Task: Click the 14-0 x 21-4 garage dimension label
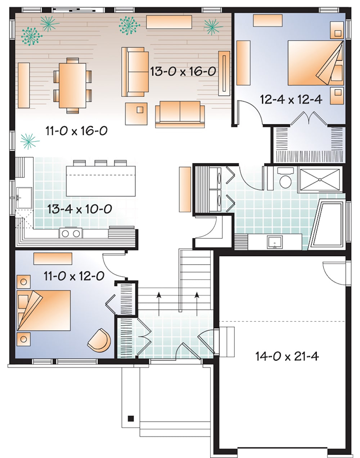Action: [x=287, y=357]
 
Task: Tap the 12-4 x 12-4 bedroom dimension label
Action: [x=291, y=99]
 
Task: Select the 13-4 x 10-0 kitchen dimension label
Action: [x=80, y=209]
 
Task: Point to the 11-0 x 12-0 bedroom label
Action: [x=74, y=276]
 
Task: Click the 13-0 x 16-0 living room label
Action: [x=183, y=71]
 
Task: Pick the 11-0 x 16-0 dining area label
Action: [x=76, y=130]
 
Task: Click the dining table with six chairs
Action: [x=72, y=85]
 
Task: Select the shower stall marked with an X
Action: [x=320, y=179]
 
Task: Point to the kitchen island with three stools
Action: [x=101, y=181]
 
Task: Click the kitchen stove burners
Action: [x=71, y=234]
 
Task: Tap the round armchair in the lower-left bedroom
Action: [x=99, y=341]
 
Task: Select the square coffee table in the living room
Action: [x=136, y=114]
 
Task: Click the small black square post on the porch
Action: [x=131, y=418]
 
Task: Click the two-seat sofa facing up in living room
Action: [x=180, y=114]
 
